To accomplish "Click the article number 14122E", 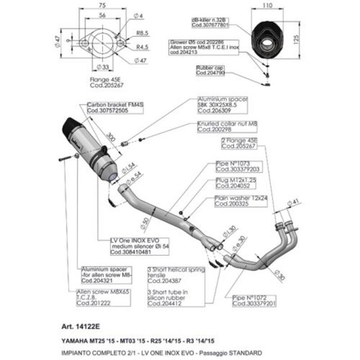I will (75, 326).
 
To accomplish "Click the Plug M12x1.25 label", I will (233, 183).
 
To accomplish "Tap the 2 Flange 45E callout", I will (240, 143).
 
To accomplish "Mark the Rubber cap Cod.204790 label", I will (210, 70).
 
